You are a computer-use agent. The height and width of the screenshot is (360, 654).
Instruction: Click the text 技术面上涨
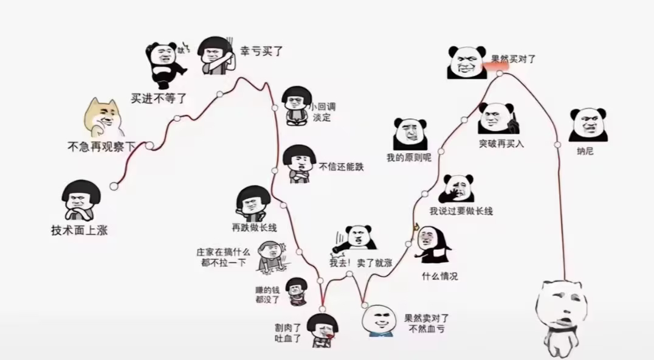[79, 230]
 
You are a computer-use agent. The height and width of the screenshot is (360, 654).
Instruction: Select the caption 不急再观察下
[102, 147]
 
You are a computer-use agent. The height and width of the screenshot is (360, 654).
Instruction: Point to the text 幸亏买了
[261, 51]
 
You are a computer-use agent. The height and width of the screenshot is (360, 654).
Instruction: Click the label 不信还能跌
[341, 167]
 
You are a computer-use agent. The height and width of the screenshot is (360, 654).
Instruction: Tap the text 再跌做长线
[255, 227]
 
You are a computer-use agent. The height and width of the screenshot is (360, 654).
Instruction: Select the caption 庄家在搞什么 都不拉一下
[223, 257]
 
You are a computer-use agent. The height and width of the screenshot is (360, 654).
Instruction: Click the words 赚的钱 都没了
[267, 295]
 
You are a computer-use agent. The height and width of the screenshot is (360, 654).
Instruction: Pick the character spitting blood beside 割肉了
[322, 330]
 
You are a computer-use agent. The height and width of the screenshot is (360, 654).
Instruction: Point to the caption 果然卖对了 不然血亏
[426, 324]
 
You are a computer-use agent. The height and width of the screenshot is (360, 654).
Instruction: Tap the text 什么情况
[439, 276]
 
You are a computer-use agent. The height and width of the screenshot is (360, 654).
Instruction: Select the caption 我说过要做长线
[461, 211]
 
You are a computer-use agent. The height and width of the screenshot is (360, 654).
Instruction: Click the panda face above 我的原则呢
[410, 134]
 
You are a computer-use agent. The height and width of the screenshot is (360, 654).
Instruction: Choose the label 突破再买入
[501, 144]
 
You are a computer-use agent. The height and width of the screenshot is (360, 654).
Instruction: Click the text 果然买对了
[513, 59]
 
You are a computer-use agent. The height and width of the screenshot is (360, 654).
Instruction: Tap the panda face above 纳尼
[588, 124]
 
